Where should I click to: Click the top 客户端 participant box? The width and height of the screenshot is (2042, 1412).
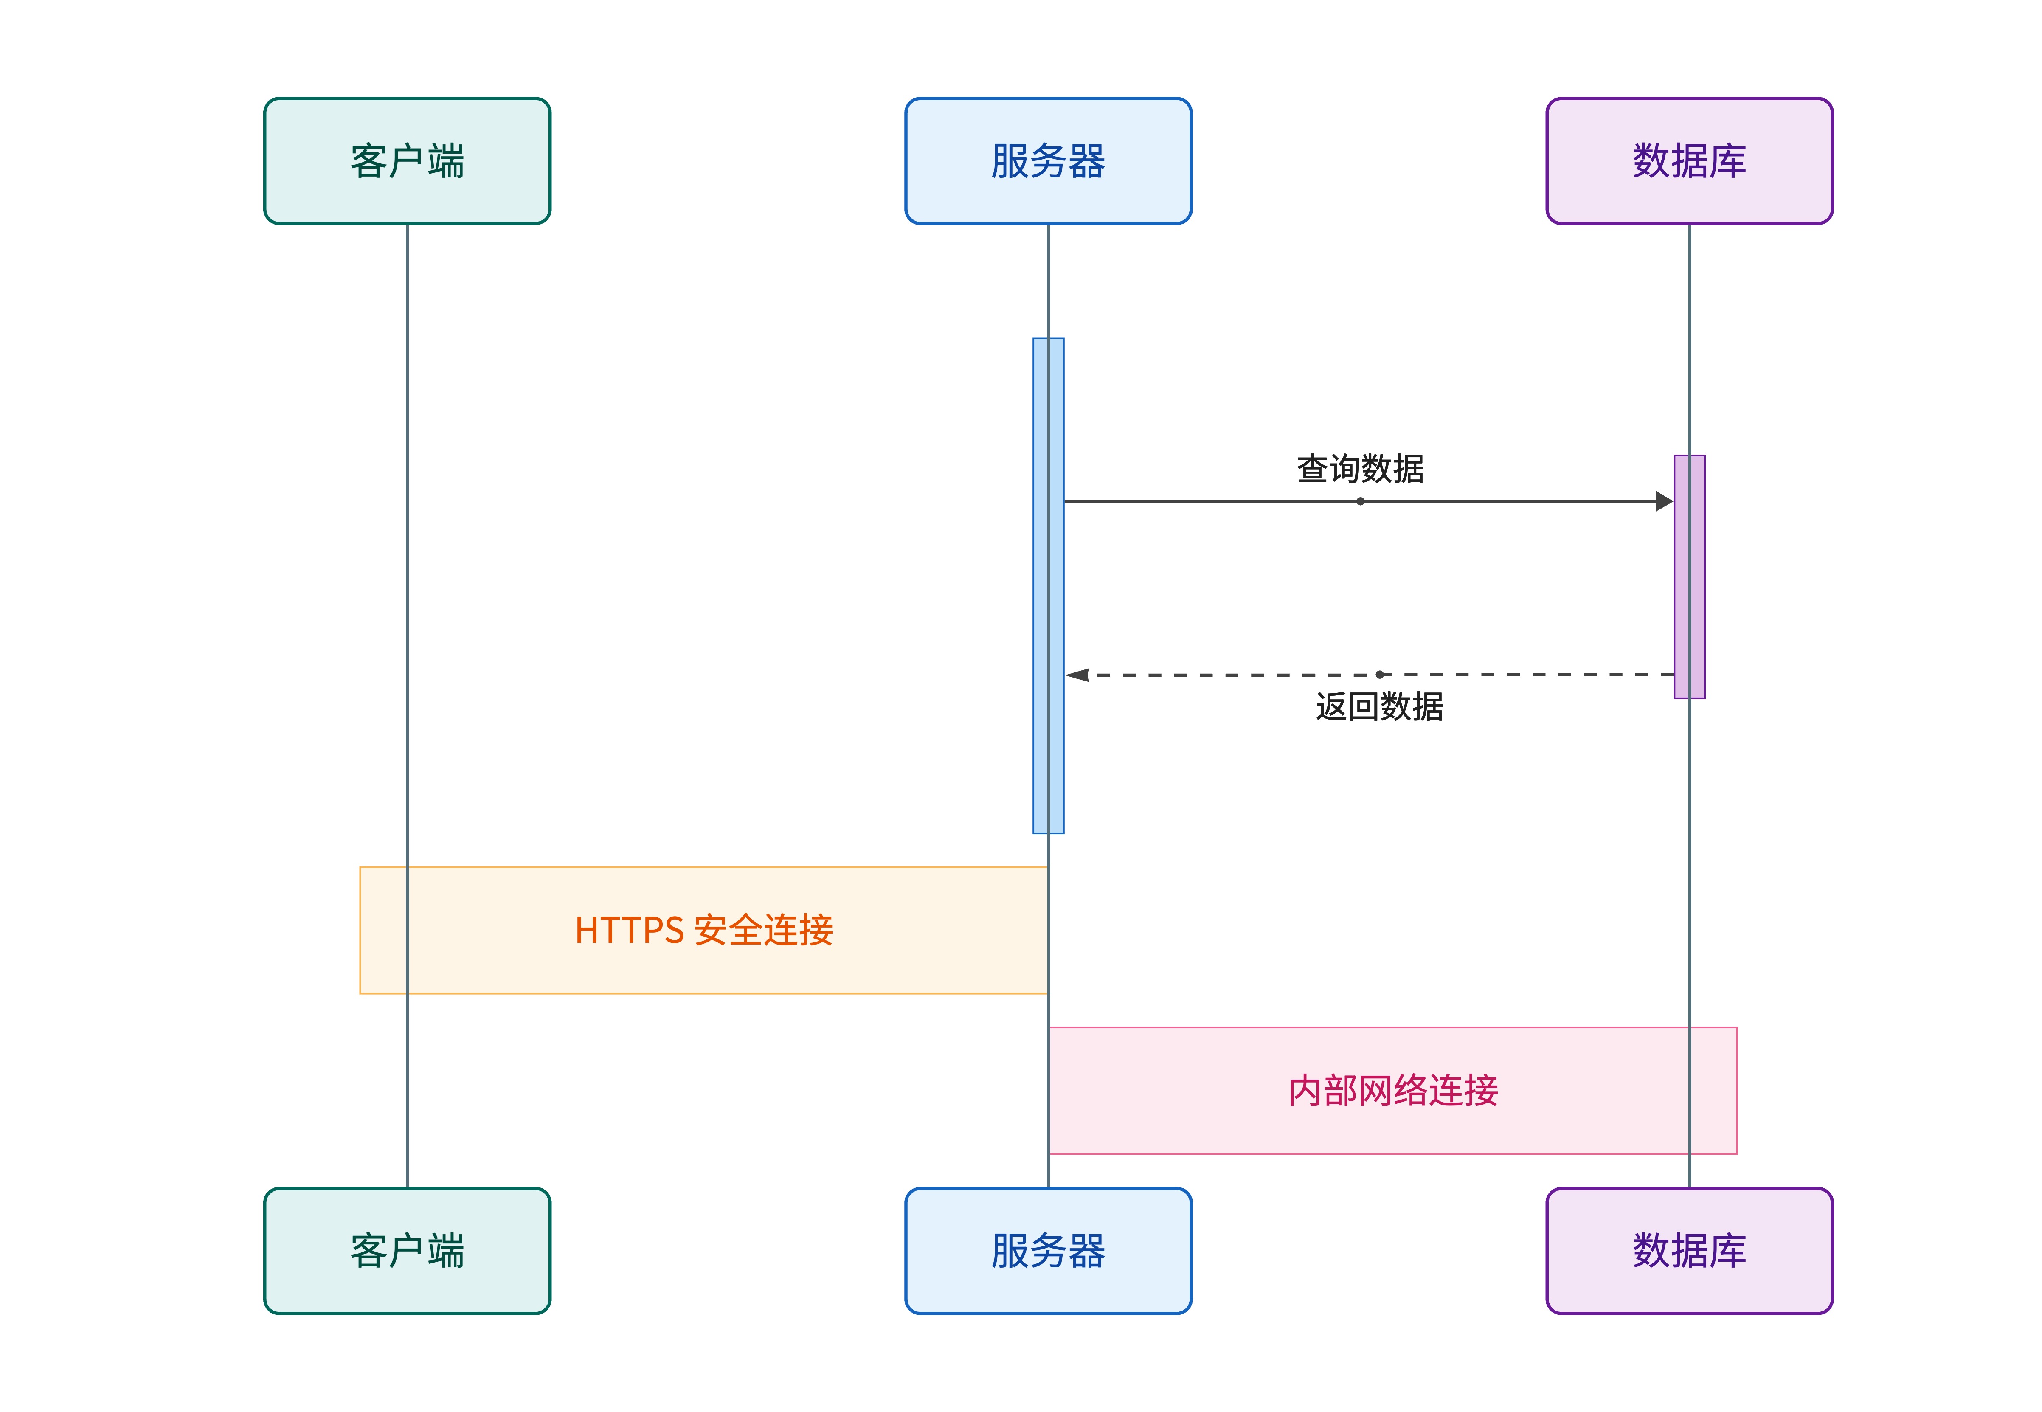point(407,161)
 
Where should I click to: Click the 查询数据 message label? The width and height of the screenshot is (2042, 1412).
point(1360,469)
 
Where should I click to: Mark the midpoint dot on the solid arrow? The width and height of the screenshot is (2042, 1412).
point(1360,502)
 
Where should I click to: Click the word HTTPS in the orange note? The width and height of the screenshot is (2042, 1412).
point(629,931)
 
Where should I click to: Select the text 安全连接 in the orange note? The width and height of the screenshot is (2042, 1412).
point(764,931)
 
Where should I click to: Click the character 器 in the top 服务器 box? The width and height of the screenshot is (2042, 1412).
point(1086,161)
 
